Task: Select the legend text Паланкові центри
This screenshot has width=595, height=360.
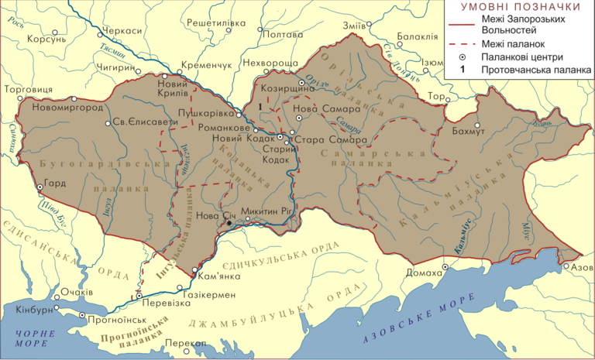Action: coord(521,57)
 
